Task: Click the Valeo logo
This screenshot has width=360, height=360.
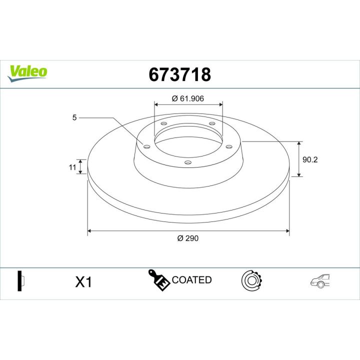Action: pyautogui.click(x=28, y=71)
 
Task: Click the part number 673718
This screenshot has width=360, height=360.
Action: pyautogui.click(x=180, y=74)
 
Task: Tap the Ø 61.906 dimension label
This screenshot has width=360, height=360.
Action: pyautogui.click(x=188, y=98)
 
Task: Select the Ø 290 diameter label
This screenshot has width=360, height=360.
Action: pyautogui.click(x=188, y=238)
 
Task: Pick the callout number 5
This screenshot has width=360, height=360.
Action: pyautogui.click(x=74, y=117)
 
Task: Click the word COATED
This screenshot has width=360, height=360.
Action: pyautogui.click(x=191, y=280)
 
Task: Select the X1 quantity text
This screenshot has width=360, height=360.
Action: pyautogui.click(x=83, y=282)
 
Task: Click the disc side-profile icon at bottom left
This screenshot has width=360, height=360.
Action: pyautogui.click(x=20, y=281)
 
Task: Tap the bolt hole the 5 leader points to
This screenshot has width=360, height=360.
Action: pyautogui.click(x=146, y=146)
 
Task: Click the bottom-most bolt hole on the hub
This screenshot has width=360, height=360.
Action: pyautogui.click(x=187, y=161)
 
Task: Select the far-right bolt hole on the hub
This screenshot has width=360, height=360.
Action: pyautogui.click(x=229, y=146)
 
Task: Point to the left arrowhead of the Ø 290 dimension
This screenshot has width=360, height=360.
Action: pyautogui.click(x=89, y=231)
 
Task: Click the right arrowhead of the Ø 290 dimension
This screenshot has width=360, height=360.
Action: pyautogui.click(x=287, y=231)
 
